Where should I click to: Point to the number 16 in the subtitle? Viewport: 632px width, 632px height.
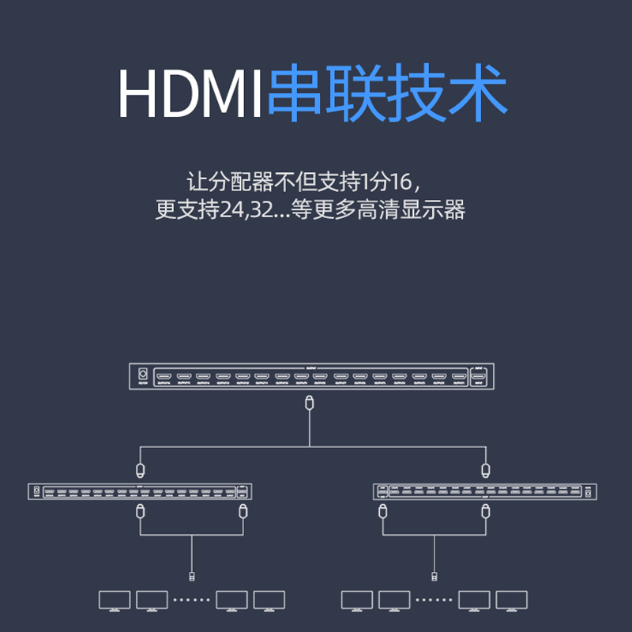[401, 181]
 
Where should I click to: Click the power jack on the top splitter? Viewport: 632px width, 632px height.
[143, 375]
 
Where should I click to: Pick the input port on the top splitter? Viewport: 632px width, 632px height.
[479, 375]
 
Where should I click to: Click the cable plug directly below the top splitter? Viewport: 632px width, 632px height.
[310, 402]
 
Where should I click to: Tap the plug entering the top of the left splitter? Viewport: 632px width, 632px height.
[140, 470]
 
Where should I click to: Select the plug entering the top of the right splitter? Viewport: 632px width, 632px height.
[485, 470]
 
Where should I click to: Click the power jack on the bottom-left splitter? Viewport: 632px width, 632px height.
[36, 491]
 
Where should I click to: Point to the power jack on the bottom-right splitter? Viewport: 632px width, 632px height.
[588, 491]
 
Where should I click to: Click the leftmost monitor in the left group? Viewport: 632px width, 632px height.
[114, 600]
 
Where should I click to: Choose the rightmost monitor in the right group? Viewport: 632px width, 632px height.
[512, 600]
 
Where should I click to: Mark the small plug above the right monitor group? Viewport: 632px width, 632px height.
[434, 574]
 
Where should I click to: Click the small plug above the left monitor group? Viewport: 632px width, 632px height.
[192, 574]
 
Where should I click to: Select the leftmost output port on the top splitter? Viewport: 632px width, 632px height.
[164, 375]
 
